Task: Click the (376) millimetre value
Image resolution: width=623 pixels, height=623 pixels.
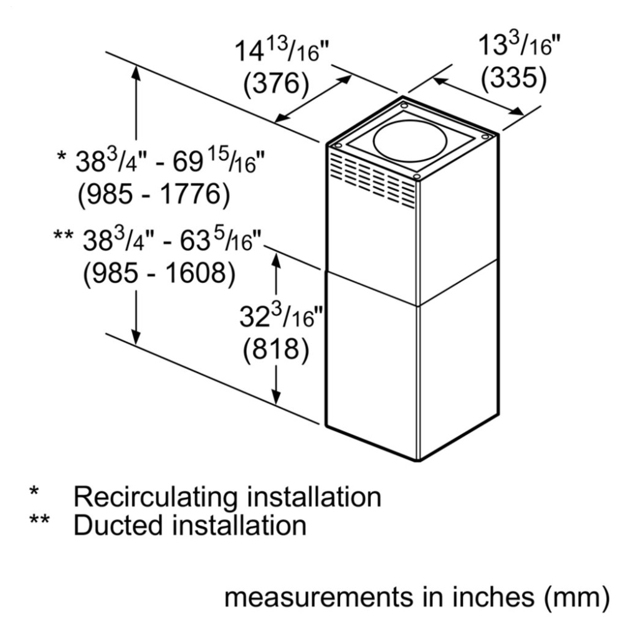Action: pos(276,84)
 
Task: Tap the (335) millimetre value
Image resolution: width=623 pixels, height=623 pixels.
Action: pos(513,77)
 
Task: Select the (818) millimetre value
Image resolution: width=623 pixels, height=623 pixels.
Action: pos(276,350)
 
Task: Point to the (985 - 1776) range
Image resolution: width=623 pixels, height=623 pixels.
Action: pos(154,194)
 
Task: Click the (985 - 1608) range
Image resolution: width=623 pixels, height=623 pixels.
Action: pos(159,273)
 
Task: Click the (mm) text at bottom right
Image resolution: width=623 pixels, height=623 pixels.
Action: pos(577,597)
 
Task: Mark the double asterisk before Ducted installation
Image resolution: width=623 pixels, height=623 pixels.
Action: pos(40,520)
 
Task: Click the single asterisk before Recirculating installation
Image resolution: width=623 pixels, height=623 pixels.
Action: pos(34,491)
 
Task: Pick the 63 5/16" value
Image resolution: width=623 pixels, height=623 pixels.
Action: pos(221,240)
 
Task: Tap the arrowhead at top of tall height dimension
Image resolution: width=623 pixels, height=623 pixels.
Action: pos(136,75)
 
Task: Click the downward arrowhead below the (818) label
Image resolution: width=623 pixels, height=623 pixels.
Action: pos(276,397)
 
